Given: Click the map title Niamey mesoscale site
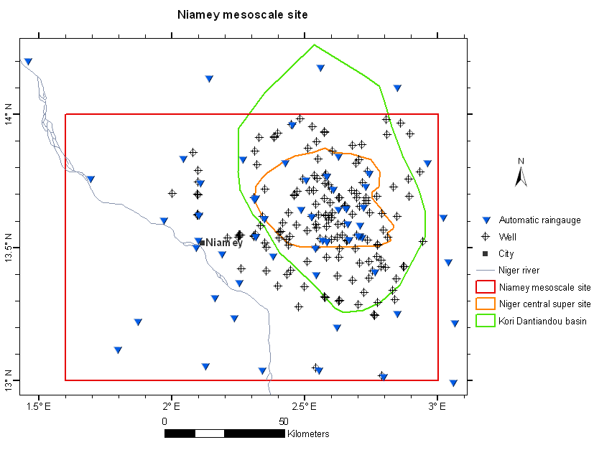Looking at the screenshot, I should (243, 14).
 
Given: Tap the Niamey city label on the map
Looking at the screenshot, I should (224, 243).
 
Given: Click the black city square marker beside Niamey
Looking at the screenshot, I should (203, 243).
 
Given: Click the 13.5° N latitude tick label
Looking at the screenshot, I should (11, 248).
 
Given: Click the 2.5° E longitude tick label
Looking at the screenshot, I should (305, 406).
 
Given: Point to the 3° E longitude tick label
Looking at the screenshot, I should (437, 406).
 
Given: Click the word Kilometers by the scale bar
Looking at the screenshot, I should (308, 434).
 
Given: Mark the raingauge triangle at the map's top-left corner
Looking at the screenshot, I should (28, 62).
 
